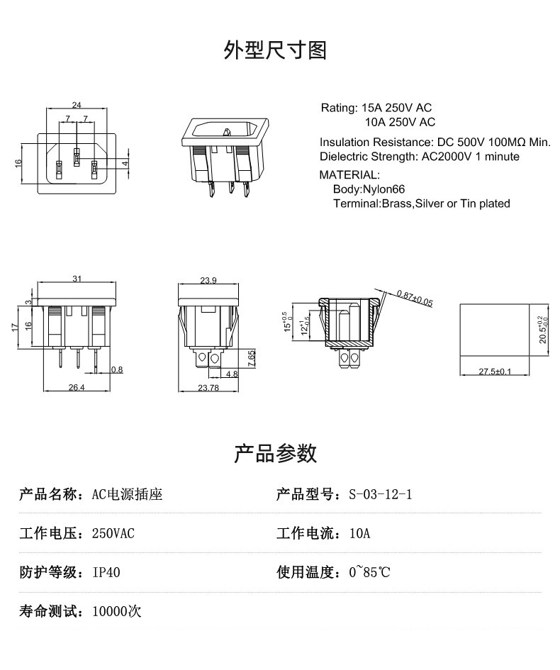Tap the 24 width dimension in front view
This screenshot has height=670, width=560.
(x=76, y=105)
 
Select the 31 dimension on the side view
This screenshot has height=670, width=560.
(x=76, y=279)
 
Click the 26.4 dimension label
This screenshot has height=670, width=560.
(x=76, y=387)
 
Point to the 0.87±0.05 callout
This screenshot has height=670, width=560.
(x=415, y=298)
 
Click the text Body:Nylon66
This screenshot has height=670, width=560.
(x=369, y=189)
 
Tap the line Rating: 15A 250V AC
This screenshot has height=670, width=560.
(x=376, y=108)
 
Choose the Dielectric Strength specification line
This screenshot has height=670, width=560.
(x=419, y=157)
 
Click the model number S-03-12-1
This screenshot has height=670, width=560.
(x=380, y=495)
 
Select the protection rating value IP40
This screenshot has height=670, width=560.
(x=106, y=572)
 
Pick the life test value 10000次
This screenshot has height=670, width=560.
(x=117, y=610)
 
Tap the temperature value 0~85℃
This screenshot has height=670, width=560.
(x=369, y=572)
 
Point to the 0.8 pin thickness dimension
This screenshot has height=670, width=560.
(x=117, y=369)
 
